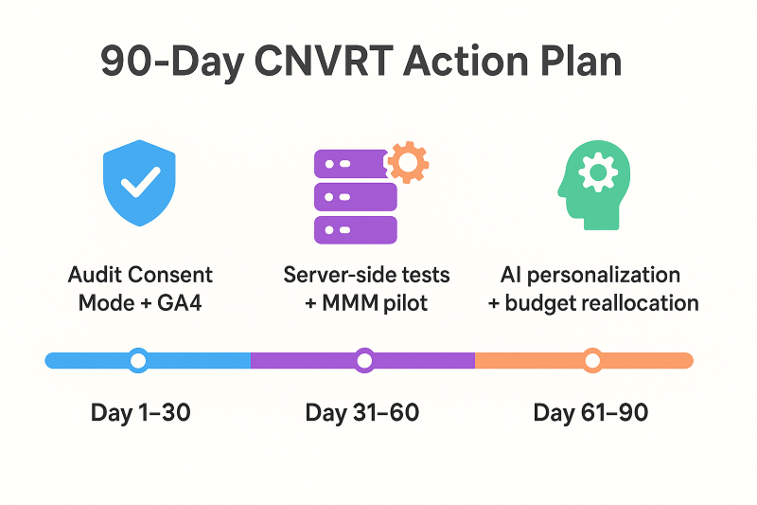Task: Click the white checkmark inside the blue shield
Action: click(x=140, y=182)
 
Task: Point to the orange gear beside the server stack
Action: click(x=409, y=162)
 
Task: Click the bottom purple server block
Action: click(x=356, y=230)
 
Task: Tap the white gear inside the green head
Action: click(x=598, y=172)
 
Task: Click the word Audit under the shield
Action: click(x=94, y=275)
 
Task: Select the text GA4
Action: click(x=179, y=303)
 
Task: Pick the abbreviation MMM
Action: click(x=350, y=303)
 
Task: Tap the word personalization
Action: click(x=604, y=276)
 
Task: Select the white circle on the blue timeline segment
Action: click(x=138, y=360)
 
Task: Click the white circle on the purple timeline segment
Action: click(x=364, y=360)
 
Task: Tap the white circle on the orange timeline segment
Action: click(x=592, y=360)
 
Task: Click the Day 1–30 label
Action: click(x=140, y=413)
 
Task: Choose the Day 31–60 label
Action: click(x=362, y=413)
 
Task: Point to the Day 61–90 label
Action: click(x=590, y=413)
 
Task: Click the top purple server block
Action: click(x=351, y=164)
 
